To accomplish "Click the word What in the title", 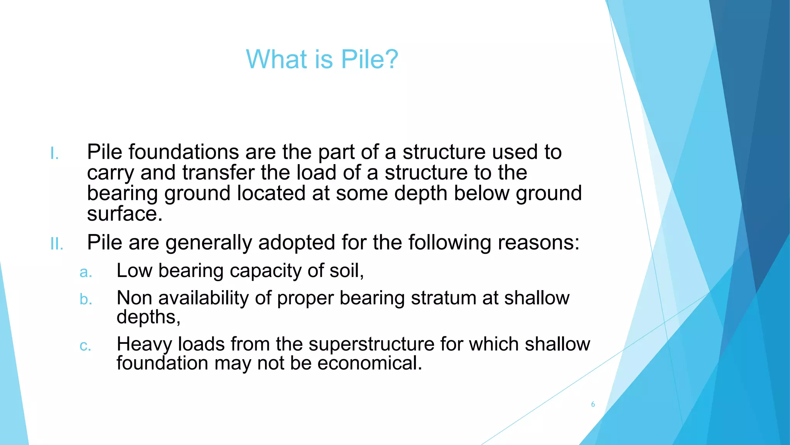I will point(275,59).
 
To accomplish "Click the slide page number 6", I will point(593,404).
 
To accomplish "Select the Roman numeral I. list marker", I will point(54,154).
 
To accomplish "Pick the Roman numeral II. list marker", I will point(57,244).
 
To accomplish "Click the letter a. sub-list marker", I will point(86,272).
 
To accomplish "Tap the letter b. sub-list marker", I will point(86,299).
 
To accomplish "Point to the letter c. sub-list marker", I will point(85,346).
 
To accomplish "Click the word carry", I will point(110,173).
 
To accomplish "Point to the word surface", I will point(125,214).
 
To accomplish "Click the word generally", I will point(209,243).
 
